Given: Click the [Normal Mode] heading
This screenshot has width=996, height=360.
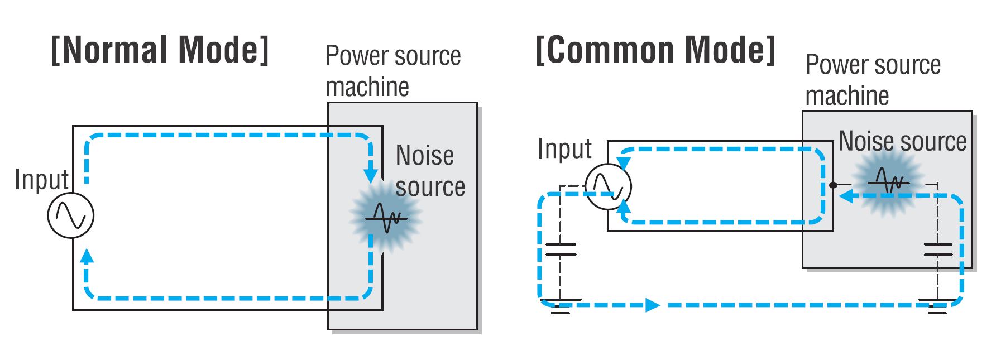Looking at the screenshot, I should pos(160,50).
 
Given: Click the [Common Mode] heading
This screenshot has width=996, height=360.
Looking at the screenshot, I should pos(655,50).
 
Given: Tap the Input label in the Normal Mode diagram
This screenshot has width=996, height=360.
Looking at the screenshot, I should pos(41,180).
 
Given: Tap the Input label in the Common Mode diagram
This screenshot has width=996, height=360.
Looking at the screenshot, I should pos(564,149).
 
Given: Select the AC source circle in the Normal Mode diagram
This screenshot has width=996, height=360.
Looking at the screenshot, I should pos(71,215).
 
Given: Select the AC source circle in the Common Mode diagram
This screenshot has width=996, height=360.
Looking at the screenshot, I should pos(608,186).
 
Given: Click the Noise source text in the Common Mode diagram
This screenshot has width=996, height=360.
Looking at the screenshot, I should pos(902,141).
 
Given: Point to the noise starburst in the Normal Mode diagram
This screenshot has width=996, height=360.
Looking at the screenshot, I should pos(385,217).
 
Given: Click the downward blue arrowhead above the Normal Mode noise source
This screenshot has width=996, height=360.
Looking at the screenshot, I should pos(370,174).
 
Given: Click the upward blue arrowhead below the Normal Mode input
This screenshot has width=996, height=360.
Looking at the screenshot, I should pos(87,257).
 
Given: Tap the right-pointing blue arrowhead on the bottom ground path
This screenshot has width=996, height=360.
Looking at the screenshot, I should pos(652,305).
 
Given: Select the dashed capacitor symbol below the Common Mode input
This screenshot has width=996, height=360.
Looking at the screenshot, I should pos(561,249).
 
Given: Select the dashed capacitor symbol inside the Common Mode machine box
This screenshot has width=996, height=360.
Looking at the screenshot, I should pos(938,249).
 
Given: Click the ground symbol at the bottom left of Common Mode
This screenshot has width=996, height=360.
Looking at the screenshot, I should pos(561,306).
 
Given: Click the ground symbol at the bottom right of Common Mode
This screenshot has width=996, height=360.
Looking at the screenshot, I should pos(938,306).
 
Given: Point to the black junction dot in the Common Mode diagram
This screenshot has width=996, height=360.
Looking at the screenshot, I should pos(832,185).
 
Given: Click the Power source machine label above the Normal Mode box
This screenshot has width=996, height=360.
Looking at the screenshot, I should pos(392,71).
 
